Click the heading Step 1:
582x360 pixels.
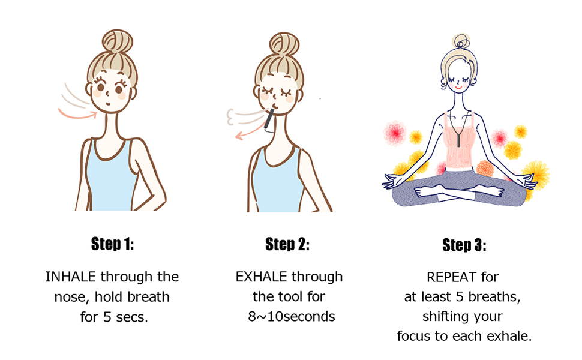click(112, 244)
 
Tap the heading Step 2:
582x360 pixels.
click(287, 244)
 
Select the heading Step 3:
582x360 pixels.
click(464, 245)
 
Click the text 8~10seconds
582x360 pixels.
click(291, 316)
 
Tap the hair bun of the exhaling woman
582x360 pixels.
click(284, 45)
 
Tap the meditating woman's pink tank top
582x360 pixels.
click(464, 150)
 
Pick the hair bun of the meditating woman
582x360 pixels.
click(462, 42)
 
